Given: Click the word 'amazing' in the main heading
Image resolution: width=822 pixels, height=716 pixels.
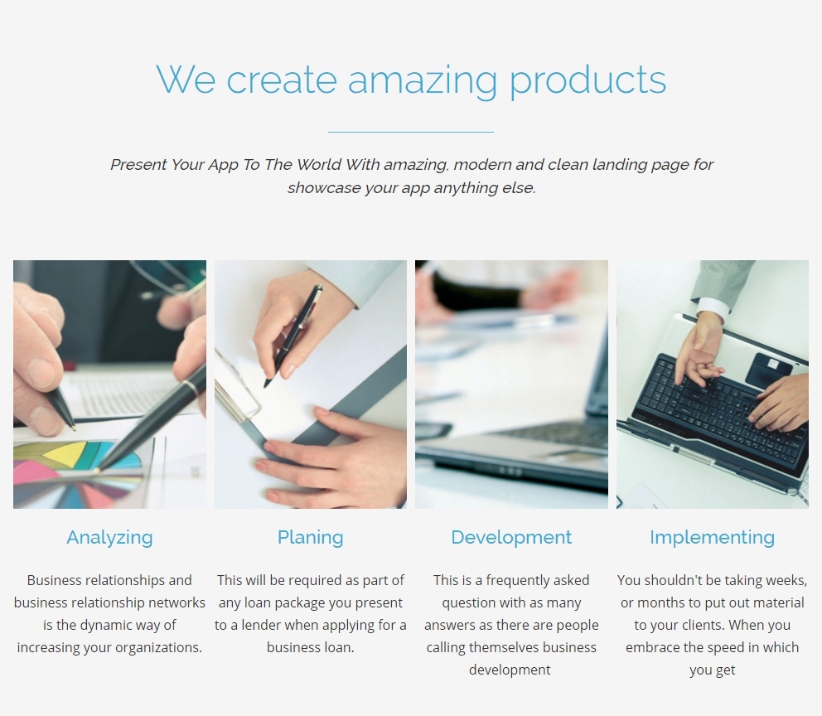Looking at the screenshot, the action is point(422,81).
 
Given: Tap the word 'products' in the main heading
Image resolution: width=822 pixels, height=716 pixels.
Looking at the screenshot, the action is point(588,81).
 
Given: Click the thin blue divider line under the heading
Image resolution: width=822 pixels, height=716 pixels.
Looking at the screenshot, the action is point(411,132).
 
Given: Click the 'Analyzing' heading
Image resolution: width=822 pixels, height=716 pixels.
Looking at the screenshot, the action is point(109,538).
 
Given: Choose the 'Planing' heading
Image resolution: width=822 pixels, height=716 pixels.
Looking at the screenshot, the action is point(311,538).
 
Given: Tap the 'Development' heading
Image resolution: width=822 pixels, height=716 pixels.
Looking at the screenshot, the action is point(511,538).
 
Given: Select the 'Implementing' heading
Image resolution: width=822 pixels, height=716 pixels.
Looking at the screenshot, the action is point(712,538).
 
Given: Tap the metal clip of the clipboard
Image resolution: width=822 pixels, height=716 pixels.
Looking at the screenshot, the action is point(238,387).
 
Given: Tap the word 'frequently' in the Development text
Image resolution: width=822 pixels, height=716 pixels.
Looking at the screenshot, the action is point(516,581).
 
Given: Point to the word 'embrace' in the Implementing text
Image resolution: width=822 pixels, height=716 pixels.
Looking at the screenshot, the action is point(652,648).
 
